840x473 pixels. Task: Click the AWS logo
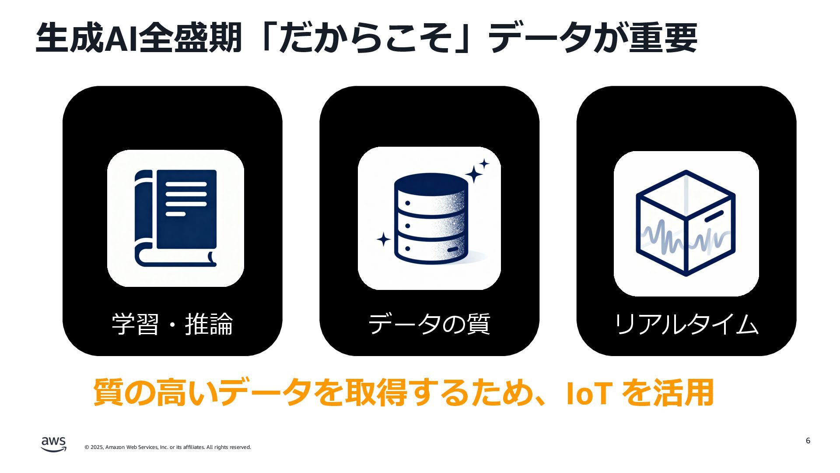click(x=53, y=444)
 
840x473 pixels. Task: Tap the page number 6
click(x=808, y=441)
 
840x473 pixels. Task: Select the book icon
click(x=175, y=218)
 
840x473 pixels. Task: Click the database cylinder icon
click(x=431, y=219)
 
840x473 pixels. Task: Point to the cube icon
click(x=686, y=223)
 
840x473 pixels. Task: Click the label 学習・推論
click(x=172, y=325)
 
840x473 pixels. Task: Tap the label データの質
click(x=429, y=325)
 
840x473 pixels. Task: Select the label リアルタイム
click(x=686, y=325)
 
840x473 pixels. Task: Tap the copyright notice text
click(x=168, y=447)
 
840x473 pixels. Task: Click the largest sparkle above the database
click(x=473, y=174)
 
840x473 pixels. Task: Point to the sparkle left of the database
click(x=383, y=240)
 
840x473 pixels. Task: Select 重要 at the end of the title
click(x=663, y=39)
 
